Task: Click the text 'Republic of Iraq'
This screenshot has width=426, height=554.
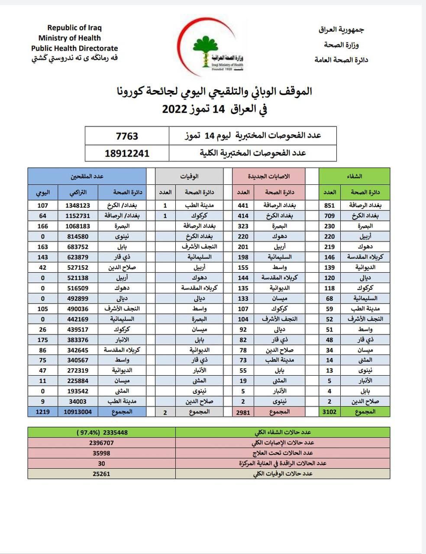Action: (74, 28)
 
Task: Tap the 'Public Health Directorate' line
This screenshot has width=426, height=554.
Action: (74, 48)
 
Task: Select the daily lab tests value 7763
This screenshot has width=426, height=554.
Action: (127, 136)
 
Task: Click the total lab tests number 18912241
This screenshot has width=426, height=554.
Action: (127, 153)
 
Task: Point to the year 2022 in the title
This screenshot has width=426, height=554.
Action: (174, 109)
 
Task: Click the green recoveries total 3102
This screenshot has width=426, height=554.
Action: (329, 412)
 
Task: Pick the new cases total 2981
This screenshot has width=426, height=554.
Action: (243, 412)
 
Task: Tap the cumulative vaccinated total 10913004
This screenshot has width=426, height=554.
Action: (77, 412)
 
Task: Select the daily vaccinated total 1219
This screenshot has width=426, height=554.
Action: (42, 412)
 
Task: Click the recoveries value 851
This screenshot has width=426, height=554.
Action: (329, 206)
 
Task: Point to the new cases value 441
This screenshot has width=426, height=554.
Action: (243, 206)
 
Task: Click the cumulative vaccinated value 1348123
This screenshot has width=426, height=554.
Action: (77, 206)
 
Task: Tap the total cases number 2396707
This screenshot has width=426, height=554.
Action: (101, 443)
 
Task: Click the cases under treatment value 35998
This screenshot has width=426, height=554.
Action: (101, 453)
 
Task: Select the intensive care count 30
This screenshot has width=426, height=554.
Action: (101, 464)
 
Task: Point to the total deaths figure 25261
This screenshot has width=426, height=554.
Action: (101, 474)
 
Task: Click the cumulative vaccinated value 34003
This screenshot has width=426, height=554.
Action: (77, 402)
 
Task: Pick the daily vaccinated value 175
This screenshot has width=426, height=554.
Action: (42, 340)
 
